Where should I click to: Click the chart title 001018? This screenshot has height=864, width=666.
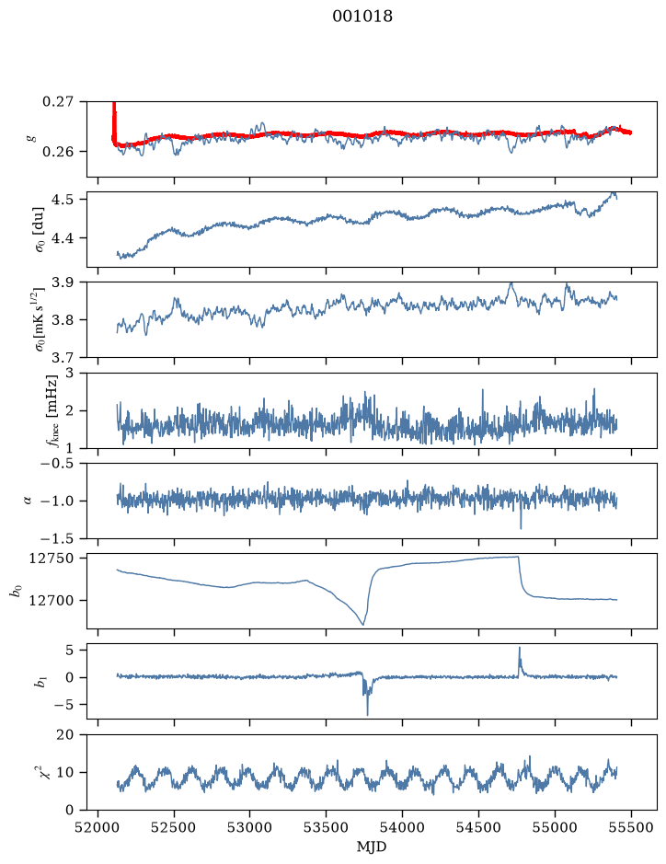click(362, 16)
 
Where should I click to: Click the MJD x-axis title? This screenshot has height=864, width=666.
click(372, 847)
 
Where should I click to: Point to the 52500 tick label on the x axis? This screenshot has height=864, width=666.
click(174, 827)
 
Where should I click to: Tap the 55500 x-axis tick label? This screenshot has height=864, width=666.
click(631, 827)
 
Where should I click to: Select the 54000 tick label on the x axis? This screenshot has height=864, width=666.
click(403, 827)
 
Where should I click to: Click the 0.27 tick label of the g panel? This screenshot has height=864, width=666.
click(57, 102)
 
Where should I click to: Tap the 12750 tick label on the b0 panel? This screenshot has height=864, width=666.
click(51, 559)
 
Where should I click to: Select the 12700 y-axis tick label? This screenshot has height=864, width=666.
click(51, 600)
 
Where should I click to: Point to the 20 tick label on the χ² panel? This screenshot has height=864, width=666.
click(65, 734)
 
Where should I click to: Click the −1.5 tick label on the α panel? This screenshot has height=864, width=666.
click(56, 538)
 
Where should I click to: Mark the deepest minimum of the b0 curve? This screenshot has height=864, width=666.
click(363, 625)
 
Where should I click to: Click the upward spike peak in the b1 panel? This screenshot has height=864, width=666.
click(519, 648)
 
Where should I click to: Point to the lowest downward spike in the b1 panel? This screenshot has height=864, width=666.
click(367, 715)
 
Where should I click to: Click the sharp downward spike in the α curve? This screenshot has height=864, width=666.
click(521, 528)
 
